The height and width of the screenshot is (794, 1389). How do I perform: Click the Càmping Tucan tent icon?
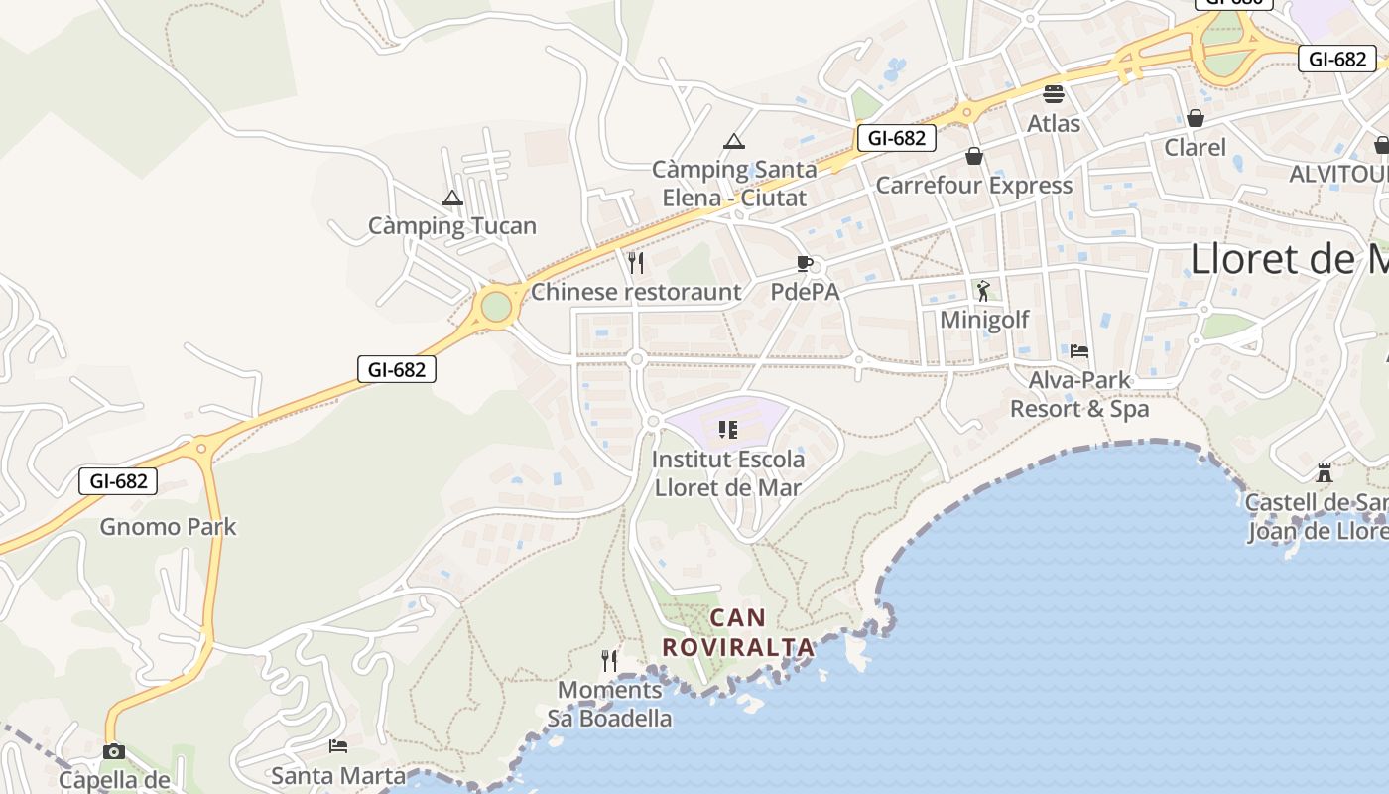[x=452, y=198]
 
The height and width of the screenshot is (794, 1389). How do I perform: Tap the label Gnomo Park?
[x=168, y=526]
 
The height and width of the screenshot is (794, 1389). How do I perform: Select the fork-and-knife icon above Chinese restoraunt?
[x=636, y=263]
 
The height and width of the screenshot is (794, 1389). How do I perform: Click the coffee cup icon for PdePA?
[x=805, y=263]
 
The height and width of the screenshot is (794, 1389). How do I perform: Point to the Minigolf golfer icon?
[x=983, y=291]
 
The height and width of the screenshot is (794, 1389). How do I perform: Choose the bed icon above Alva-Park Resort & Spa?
[x=1079, y=351]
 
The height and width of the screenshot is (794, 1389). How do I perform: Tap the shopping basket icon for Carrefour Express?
[x=974, y=156]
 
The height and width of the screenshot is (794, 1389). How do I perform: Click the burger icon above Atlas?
[x=1053, y=94]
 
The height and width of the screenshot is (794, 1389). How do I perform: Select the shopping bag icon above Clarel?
[x=1196, y=118]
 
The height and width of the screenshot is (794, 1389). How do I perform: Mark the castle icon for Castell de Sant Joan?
[x=1324, y=472]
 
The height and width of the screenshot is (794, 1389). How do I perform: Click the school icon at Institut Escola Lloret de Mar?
[x=728, y=430]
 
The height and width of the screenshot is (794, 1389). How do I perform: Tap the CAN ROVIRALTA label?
[x=738, y=632]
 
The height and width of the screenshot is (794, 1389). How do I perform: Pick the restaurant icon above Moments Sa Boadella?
[x=609, y=660]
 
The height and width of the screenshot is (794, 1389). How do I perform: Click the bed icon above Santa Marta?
[x=338, y=746]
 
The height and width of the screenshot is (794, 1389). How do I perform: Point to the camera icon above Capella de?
[x=114, y=751]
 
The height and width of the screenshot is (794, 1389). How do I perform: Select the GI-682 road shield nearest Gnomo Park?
[x=118, y=481]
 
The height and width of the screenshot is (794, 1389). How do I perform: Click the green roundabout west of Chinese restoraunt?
[x=495, y=307]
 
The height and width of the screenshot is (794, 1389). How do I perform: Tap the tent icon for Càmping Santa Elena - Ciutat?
[x=733, y=141]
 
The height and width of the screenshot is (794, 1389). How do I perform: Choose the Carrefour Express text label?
[x=973, y=186]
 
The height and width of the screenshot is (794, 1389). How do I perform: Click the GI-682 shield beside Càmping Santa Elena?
[x=896, y=138]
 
